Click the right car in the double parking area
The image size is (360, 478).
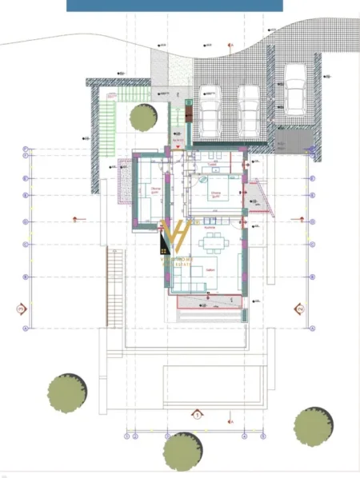[x=250, y=110]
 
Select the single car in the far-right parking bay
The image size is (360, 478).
[x=294, y=87]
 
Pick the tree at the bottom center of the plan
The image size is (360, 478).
[x=182, y=451]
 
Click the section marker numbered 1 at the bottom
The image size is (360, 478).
[x=196, y=414]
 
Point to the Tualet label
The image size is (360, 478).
[x=212, y=166]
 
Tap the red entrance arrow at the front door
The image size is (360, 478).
[x=177, y=146]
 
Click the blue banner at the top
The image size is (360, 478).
[x=174, y=6]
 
